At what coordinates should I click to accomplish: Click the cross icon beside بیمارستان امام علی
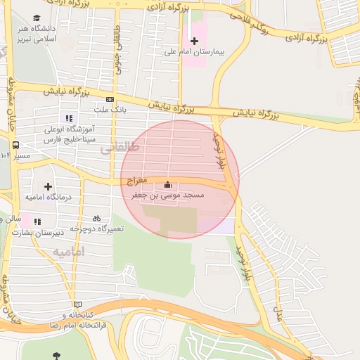coord(195,41)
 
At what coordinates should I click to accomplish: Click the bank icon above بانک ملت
coord(110,100)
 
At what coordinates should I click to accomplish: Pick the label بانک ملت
coord(110,110)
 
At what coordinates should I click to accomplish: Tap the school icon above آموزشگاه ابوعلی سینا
coord(69,117)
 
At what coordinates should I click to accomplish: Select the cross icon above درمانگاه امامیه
coord(48,186)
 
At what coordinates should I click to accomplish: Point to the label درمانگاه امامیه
coord(48,198)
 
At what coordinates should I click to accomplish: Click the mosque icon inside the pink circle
coord(167,185)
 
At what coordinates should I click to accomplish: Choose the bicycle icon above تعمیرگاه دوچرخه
coord(96,218)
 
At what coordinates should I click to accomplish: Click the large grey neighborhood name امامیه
coord(68,251)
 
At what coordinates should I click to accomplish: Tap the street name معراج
coord(138,181)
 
